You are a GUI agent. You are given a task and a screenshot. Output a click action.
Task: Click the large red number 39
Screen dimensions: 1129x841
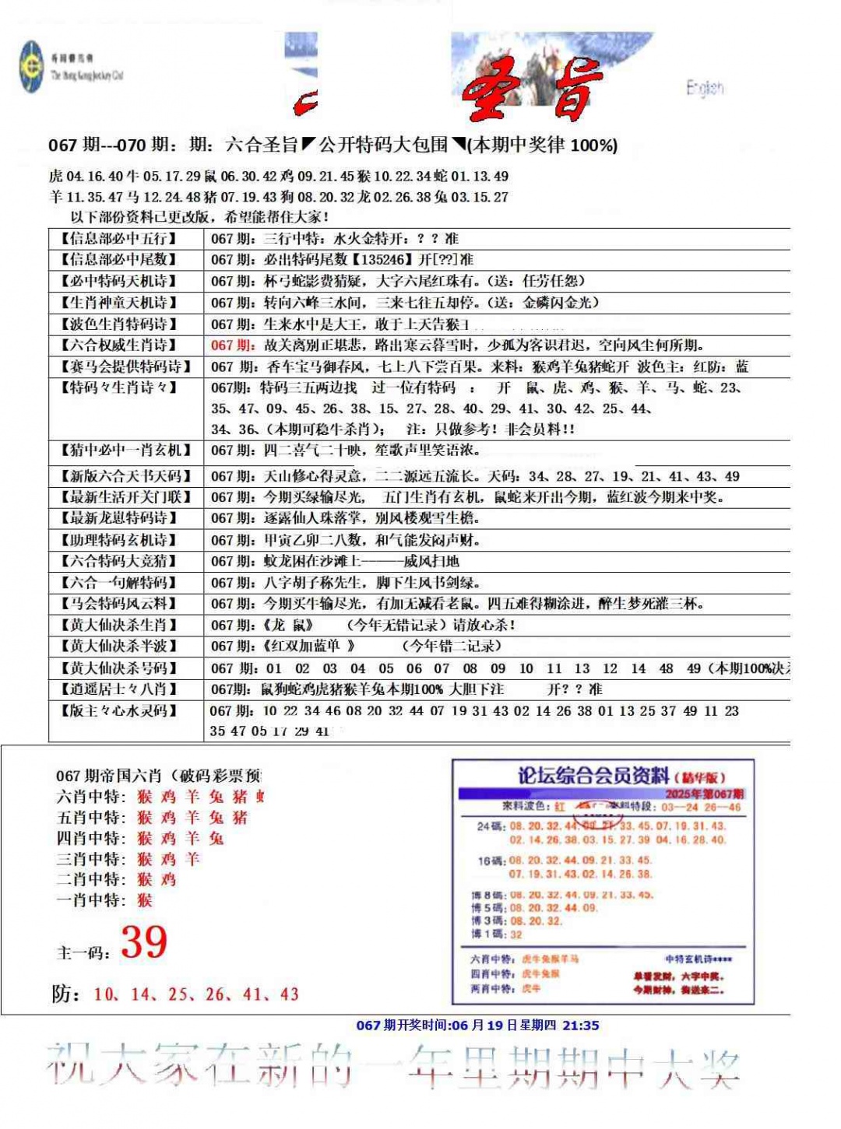pyautogui.click(x=144, y=942)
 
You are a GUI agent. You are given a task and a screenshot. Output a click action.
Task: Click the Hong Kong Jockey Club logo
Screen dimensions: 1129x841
pyautogui.click(x=32, y=67)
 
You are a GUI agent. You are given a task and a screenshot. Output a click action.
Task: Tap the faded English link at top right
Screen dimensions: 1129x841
pyautogui.click(x=705, y=87)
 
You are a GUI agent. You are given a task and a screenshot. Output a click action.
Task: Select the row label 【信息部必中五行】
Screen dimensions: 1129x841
pyautogui.click(x=118, y=239)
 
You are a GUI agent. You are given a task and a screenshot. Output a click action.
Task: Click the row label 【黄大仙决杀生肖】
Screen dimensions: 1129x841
pyautogui.click(x=118, y=625)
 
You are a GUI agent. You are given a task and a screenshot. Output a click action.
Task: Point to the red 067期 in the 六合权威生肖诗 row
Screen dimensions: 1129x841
pyautogui.click(x=231, y=345)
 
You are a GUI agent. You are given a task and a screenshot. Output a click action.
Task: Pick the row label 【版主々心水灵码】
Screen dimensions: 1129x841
pyautogui.click(x=118, y=710)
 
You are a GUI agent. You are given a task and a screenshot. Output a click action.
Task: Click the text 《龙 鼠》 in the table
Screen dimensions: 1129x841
pyautogui.click(x=288, y=625)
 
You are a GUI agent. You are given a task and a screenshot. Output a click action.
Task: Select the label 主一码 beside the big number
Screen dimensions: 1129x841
pyautogui.click(x=83, y=952)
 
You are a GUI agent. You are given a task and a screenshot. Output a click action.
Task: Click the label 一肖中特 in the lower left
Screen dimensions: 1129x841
pyautogui.click(x=90, y=900)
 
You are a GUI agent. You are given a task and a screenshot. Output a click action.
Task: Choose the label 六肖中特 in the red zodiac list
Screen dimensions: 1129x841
pyautogui.click(x=90, y=796)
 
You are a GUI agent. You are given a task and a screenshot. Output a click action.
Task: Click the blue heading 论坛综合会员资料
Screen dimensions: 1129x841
pyautogui.click(x=593, y=776)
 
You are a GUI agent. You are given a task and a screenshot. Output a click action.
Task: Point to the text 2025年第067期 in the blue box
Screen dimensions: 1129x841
pyautogui.click(x=704, y=794)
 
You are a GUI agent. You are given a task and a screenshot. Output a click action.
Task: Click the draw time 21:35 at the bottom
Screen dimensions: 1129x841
pyautogui.click(x=581, y=1026)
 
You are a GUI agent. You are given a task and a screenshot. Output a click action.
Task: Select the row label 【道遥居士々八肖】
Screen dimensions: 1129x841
pyautogui.click(x=118, y=689)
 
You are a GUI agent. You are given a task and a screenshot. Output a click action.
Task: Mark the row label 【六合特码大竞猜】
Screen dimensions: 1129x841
pyautogui.click(x=118, y=561)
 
